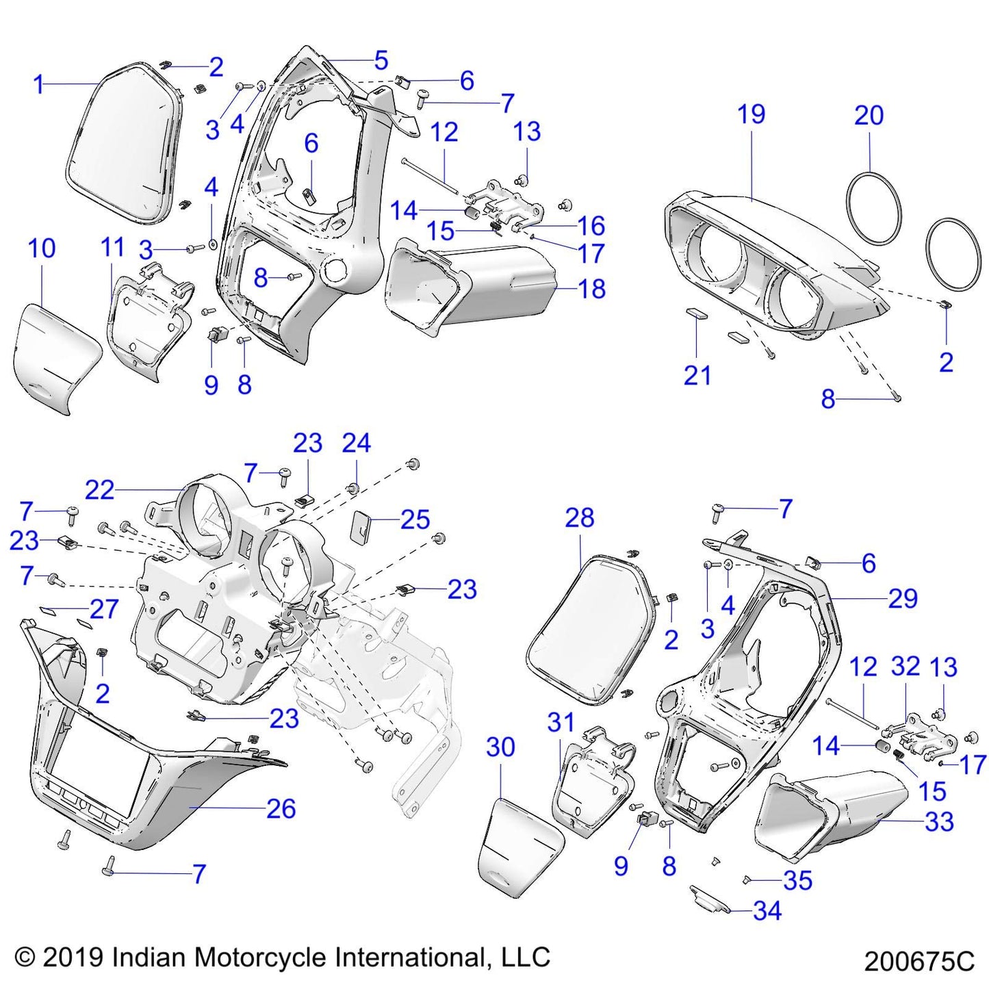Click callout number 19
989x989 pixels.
(x=751, y=114)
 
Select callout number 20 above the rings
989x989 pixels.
(x=869, y=115)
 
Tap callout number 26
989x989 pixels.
(x=281, y=809)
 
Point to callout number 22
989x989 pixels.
(x=99, y=490)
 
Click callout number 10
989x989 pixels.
(x=42, y=248)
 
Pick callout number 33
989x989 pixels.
(x=939, y=821)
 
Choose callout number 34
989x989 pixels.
(x=767, y=911)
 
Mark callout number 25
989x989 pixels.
(x=415, y=520)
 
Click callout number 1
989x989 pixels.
(x=38, y=85)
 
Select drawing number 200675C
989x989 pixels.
(x=919, y=962)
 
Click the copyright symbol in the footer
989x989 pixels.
(x=25, y=956)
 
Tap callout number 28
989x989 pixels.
(x=579, y=518)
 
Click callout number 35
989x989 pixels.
(x=798, y=880)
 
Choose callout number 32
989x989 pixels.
(x=905, y=667)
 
